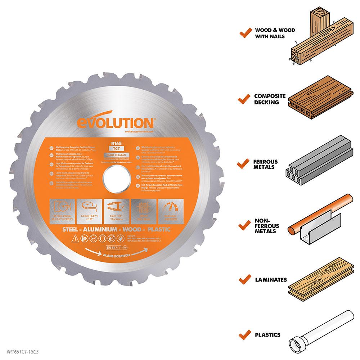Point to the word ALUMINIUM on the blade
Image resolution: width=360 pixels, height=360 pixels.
click(x=96, y=229)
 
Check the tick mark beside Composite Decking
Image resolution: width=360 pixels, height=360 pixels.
click(x=245, y=98)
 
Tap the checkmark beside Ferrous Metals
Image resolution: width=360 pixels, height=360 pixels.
click(x=245, y=164)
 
